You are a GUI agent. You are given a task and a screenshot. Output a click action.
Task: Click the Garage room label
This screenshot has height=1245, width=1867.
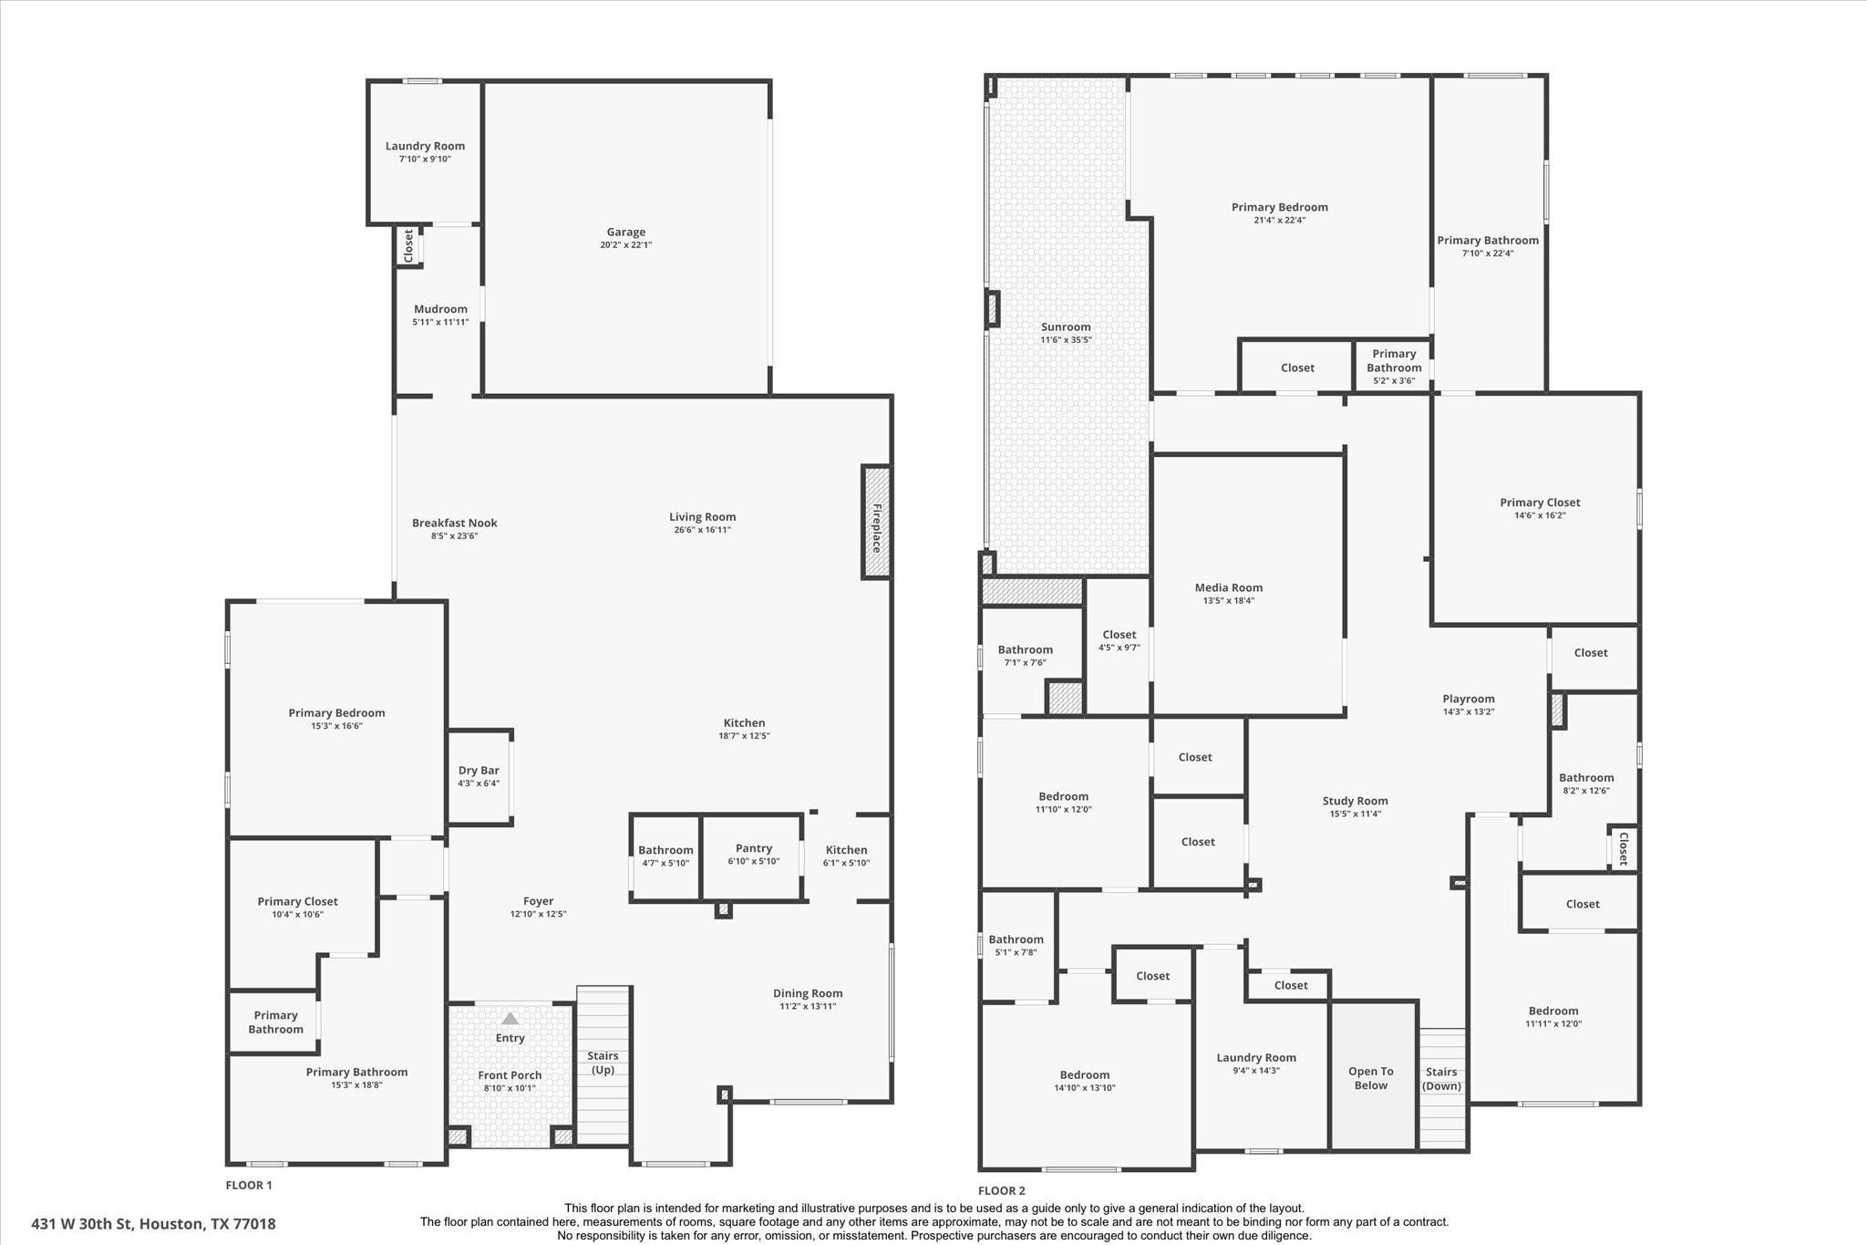[625, 233]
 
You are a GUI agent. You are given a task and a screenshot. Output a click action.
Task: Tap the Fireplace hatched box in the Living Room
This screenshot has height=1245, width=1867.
[876, 523]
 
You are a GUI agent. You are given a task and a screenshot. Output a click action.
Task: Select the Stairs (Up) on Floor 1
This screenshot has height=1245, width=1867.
[603, 1063]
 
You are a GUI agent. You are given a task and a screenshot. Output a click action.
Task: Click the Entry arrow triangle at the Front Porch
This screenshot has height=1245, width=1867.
[511, 1019]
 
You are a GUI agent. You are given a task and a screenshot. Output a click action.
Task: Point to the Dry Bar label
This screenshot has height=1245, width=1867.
[479, 771]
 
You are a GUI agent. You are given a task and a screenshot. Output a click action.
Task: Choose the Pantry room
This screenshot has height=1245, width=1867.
[753, 855]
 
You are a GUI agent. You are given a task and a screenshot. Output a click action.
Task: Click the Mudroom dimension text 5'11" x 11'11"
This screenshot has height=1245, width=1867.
[440, 322]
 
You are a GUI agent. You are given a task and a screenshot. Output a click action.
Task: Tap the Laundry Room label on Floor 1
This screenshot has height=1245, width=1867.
[425, 146]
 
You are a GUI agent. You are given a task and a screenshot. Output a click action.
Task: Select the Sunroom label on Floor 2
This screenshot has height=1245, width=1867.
[1066, 327]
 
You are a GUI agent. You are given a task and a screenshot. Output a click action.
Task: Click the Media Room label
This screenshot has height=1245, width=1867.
[1229, 588]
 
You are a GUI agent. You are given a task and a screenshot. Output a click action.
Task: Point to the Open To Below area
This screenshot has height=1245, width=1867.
[1371, 1078]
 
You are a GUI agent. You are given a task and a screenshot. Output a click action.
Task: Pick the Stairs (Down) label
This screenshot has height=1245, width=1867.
[1441, 1078]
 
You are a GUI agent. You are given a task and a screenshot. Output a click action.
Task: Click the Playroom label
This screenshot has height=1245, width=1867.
[1468, 700]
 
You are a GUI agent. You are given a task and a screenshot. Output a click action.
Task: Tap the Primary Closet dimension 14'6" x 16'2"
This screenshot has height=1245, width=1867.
[1540, 515]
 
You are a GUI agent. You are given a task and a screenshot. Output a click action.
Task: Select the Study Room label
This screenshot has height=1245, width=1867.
[1355, 801]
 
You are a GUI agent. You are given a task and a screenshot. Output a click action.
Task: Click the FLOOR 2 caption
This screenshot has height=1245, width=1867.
[1001, 1190]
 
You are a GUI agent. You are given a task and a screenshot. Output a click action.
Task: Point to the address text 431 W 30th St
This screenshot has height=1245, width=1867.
[153, 1224]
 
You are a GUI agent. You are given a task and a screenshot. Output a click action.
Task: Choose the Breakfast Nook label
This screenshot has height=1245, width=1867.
[454, 524]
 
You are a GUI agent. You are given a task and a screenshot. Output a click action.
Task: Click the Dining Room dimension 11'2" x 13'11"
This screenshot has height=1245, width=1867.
[808, 1006]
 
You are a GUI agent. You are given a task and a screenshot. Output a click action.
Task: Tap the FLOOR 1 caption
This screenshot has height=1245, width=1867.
[249, 1186]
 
